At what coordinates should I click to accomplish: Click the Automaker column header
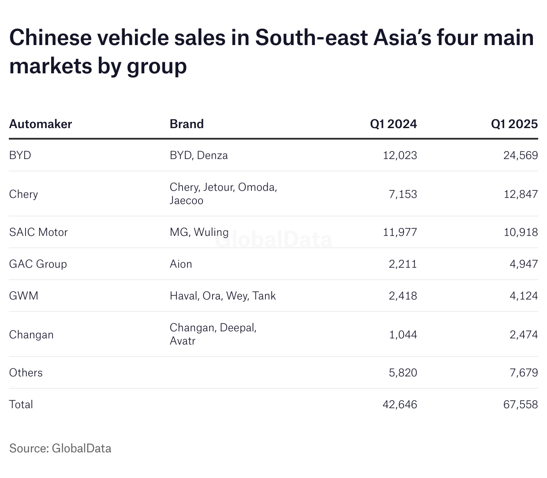click(40, 124)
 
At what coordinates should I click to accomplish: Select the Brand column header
click(187, 124)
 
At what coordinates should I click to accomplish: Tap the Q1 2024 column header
click(393, 124)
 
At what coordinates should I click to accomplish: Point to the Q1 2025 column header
click(514, 124)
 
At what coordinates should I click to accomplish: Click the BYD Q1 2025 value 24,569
click(520, 155)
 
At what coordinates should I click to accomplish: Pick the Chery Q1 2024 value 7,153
click(403, 194)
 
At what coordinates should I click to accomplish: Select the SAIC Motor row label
click(38, 232)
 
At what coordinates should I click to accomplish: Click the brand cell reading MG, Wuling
click(199, 232)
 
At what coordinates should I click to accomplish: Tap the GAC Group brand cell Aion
click(181, 264)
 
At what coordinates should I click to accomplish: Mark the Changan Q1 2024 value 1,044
click(403, 334)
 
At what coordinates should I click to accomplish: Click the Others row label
click(26, 372)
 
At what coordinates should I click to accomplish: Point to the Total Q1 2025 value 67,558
click(520, 404)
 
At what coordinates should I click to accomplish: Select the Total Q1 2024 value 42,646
click(400, 404)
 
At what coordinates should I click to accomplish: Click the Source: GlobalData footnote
click(60, 448)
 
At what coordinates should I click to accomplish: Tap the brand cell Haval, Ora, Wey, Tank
click(222, 296)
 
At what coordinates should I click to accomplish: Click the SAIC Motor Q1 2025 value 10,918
click(521, 232)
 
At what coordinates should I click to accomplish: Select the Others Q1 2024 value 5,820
click(403, 372)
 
